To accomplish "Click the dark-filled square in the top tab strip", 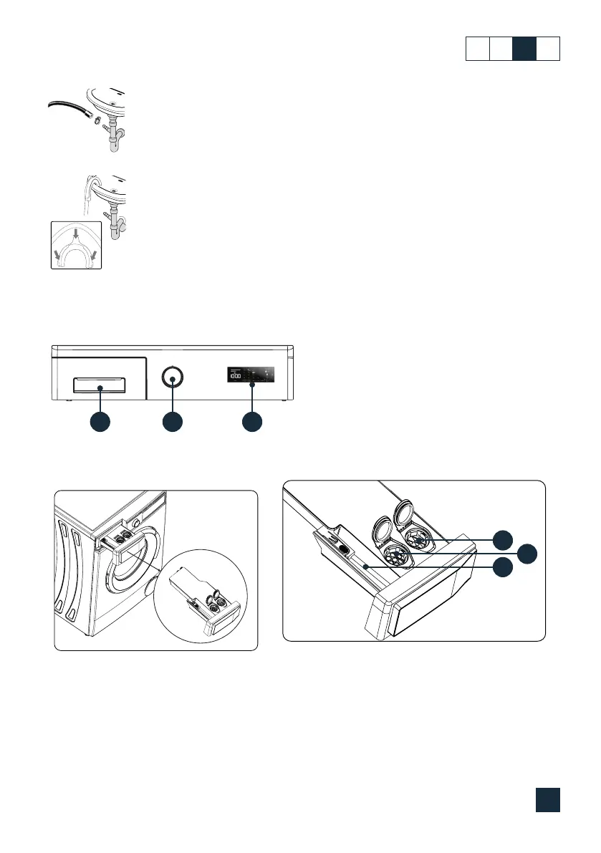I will click(x=524, y=48).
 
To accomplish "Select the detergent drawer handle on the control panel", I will click(x=100, y=387).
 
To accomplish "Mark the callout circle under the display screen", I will click(x=251, y=422).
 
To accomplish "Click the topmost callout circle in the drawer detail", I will click(x=506, y=539).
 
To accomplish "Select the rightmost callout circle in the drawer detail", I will click(x=527, y=552).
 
